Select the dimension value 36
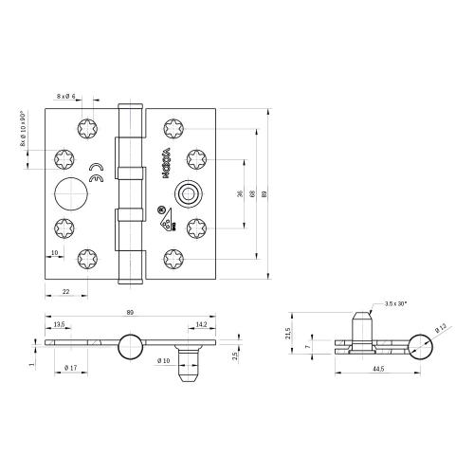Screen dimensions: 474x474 pyautogui.click(x=238, y=194)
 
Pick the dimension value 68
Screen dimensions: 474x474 pyautogui.click(x=251, y=194)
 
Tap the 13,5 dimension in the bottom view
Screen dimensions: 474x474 pyautogui.click(x=59, y=324)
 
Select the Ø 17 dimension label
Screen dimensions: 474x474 pyautogui.click(x=70, y=366)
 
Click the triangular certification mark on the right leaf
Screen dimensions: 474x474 pyautogui.click(x=166, y=223)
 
